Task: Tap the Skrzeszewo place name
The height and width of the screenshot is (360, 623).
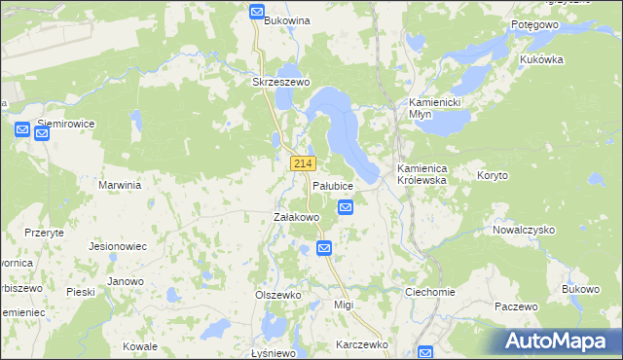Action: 280,83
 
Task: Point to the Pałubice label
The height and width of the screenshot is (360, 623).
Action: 332,185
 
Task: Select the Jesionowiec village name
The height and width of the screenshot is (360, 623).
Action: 118,246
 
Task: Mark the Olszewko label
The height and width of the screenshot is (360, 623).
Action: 279,294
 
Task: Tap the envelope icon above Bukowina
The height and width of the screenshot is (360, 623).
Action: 257,12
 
